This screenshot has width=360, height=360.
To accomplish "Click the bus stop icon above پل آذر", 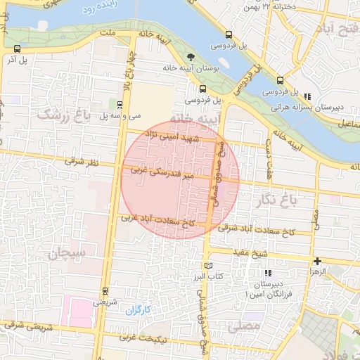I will [x=17, y=49].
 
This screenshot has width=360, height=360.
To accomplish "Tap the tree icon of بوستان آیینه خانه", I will [x=190, y=57].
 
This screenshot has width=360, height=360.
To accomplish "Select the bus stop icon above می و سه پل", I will [x=119, y=103].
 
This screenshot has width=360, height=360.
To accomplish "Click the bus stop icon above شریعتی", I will [x=105, y=290].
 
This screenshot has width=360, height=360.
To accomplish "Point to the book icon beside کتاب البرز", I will [x=207, y=265].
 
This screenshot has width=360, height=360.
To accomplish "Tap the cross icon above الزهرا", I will [x=317, y=261].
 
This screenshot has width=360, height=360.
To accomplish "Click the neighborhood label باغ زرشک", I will [x=65, y=115].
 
